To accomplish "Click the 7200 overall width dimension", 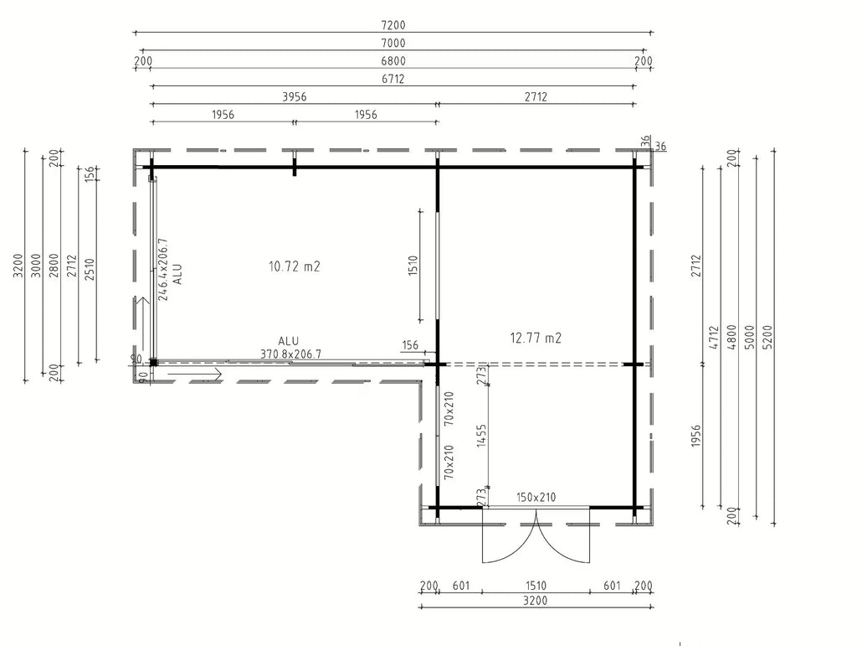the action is pos(393,25).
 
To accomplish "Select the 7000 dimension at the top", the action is pos(393,44).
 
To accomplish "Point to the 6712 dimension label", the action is pos(393,79).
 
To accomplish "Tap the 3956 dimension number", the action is pos(294,97).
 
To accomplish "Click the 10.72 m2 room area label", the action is pos(294,266).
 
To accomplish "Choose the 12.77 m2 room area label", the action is pos(536,338).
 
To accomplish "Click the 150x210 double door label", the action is pos(536,497).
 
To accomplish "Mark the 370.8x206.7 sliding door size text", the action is pos(290,354).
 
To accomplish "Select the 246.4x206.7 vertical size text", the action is pos(162,269).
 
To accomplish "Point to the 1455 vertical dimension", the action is pos(481,436).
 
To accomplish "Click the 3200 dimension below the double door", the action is pos(535,601).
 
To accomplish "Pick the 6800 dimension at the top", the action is pos(393,61).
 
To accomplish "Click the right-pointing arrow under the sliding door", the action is pos(194,375).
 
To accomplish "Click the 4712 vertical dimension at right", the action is pos(713,339).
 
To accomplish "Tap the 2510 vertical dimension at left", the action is pos(90,269).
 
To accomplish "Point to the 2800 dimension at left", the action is pos(54,266).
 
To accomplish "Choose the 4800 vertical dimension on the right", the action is pos(731,338).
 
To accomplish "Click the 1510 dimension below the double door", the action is pos(536,586).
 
